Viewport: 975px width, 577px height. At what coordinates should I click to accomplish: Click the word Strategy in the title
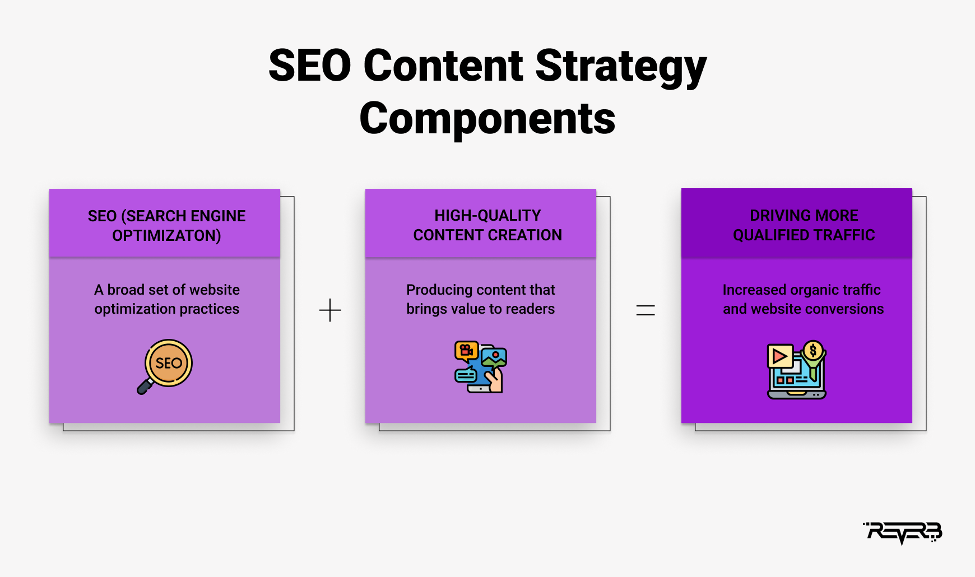tap(621, 67)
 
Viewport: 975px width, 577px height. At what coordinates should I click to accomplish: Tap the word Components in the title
tap(487, 119)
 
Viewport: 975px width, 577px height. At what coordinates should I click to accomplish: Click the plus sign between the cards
tap(330, 310)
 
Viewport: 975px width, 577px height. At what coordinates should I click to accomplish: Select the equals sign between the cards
tap(646, 310)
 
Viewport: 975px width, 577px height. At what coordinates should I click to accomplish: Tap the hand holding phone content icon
tap(481, 367)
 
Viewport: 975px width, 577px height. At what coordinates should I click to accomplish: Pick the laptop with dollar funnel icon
tap(797, 370)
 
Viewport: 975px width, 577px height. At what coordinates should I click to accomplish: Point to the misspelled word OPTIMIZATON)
tap(166, 236)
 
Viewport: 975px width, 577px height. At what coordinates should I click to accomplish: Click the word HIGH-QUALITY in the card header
tap(487, 216)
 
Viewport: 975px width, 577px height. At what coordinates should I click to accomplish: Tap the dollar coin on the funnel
tap(813, 351)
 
